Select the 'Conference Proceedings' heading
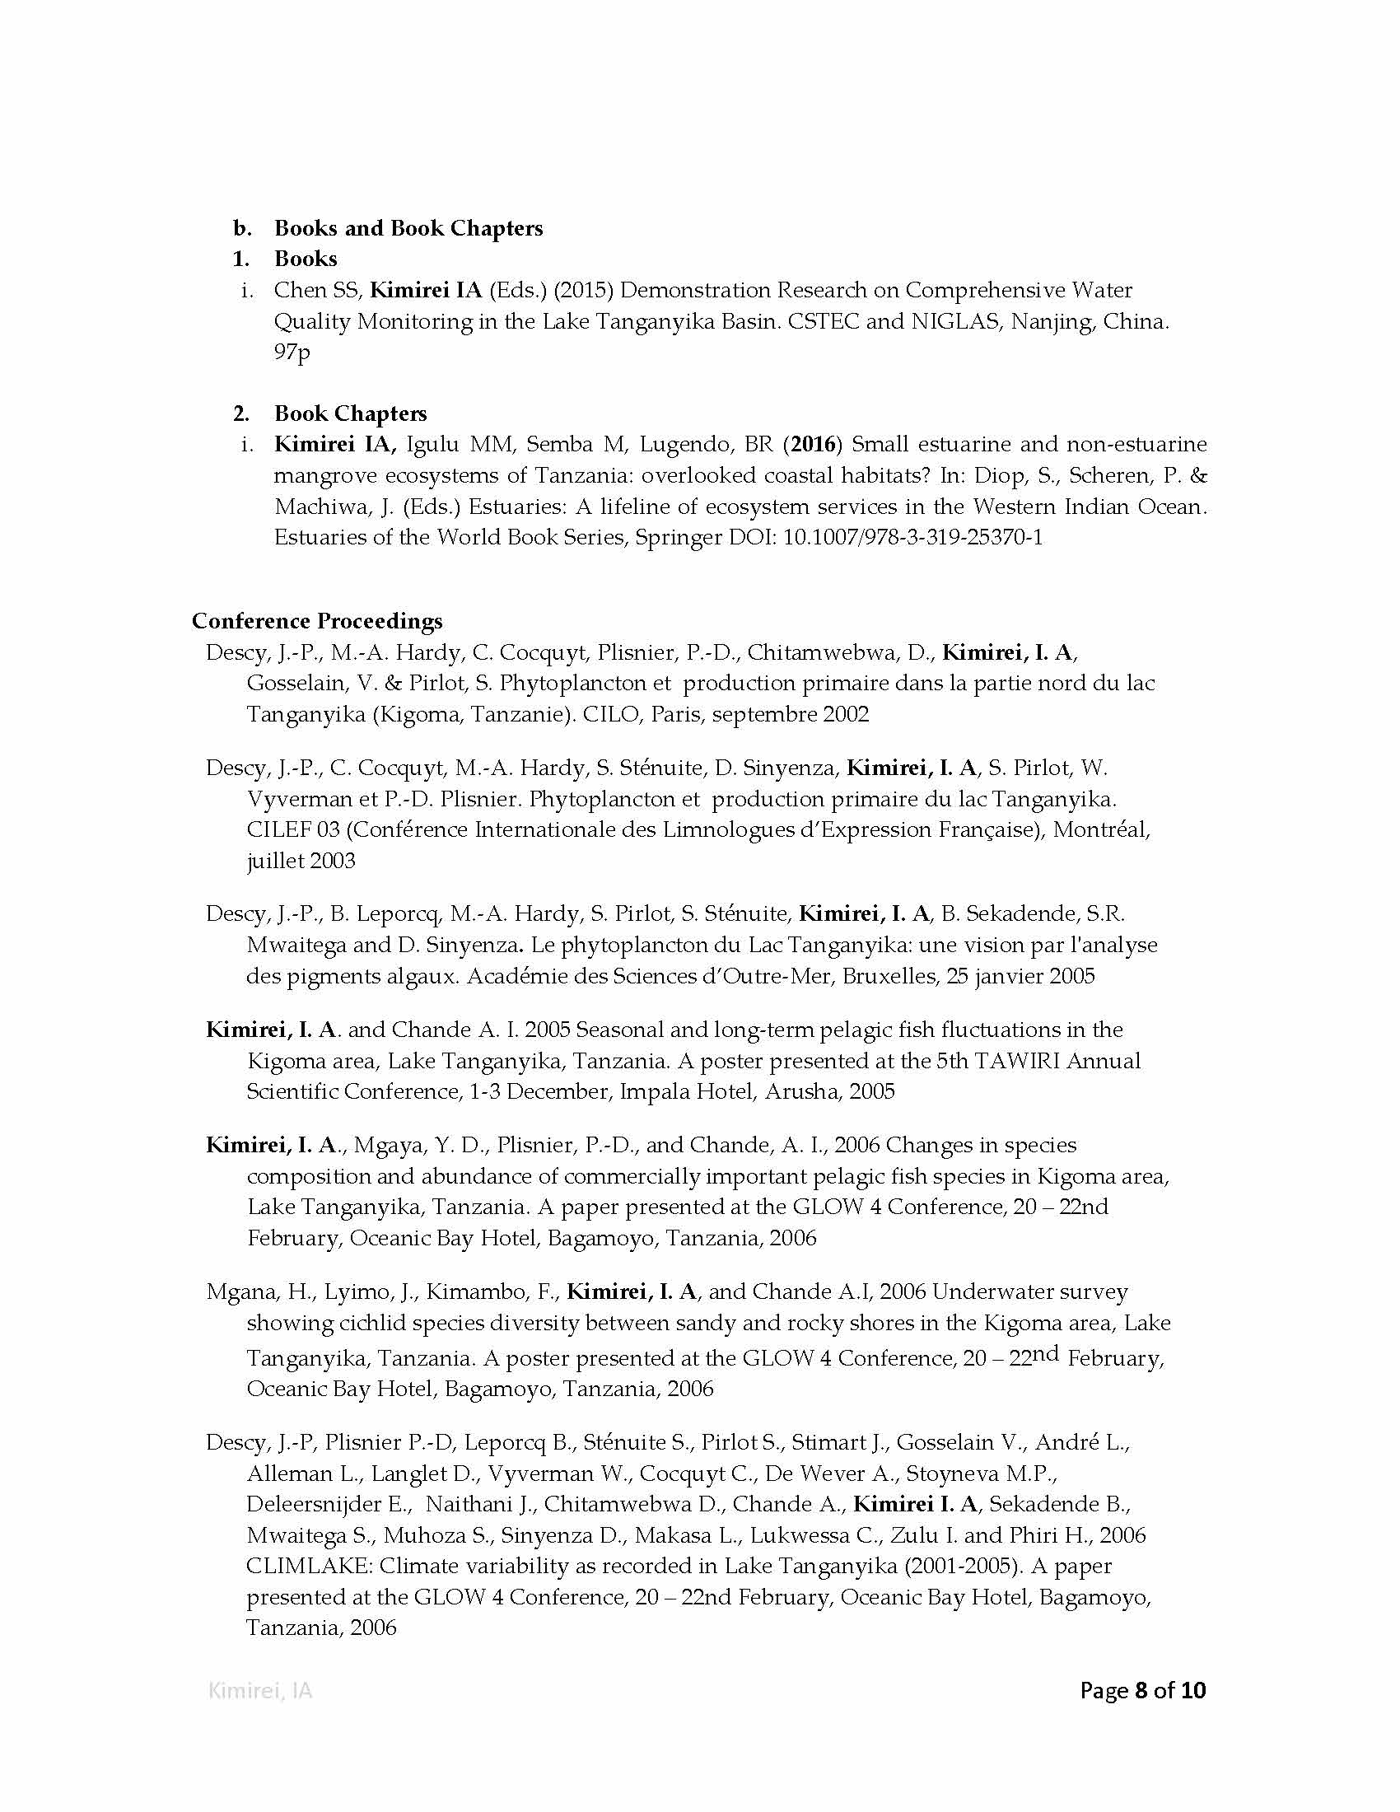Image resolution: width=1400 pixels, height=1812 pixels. [317, 620]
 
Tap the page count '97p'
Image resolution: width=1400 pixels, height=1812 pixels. [292, 352]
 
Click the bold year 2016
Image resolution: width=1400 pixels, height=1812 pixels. [813, 444]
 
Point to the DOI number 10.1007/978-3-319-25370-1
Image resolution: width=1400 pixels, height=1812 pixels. [912, 537]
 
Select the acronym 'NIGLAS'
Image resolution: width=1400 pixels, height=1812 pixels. [959, 321]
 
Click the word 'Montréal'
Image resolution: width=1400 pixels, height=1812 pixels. [1100, 829]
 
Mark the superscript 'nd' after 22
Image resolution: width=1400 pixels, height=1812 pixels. [1046, 1353]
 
